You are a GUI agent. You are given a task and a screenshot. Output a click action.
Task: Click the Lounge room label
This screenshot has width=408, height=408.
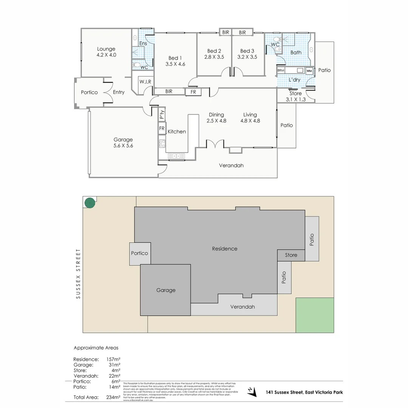click(106, 49)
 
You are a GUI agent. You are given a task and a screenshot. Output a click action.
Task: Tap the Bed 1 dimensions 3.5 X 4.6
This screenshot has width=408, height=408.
click(175, 64)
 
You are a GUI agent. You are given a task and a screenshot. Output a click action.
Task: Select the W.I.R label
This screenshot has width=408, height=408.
click(145, 82)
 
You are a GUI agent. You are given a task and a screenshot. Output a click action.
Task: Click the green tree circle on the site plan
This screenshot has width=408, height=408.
click(90, 203)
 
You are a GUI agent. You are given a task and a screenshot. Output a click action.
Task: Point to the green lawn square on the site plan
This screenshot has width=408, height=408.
click(315, 315)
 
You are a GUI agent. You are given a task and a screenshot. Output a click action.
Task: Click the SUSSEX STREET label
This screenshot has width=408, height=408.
click(79, 274)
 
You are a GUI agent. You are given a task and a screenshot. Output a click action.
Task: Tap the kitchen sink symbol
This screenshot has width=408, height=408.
click(176, 155)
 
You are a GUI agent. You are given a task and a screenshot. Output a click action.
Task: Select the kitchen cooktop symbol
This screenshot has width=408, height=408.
click(162, 143)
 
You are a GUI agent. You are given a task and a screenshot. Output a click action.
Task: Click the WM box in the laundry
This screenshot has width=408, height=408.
click(309, 71)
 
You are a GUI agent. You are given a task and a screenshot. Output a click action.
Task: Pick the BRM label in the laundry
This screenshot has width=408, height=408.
click(281, 71)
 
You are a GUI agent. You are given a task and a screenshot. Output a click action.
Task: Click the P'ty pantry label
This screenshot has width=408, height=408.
click(162, 114)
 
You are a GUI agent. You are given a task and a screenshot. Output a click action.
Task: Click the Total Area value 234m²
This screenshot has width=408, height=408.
click(113, 397)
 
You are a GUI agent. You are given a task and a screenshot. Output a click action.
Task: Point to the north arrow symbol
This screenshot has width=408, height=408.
click(250, 391)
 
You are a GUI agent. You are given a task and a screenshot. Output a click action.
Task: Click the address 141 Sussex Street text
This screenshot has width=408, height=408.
click(304, 393)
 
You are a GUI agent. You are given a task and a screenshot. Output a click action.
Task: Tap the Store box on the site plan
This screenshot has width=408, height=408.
click(291, 255)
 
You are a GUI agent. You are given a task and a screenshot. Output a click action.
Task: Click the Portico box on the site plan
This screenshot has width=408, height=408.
click(140, 253)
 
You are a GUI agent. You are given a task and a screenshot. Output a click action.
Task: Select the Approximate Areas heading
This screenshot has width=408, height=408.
click(96, 348)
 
